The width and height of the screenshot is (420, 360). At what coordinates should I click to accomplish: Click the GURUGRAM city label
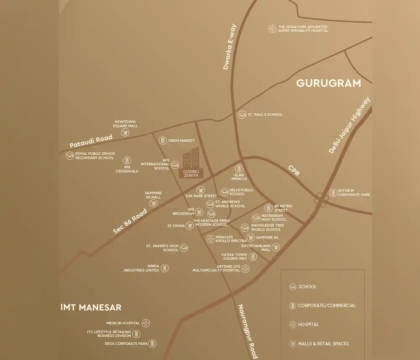tap(328, 83)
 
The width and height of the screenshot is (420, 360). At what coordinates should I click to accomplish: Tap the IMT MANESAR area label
tap(91, 307)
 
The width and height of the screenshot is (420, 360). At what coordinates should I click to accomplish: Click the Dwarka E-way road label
tap(230, 47)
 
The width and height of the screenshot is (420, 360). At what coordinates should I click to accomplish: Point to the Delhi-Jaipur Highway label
tap(349, 125)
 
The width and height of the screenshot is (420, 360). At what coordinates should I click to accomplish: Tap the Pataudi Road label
tap(91, 141)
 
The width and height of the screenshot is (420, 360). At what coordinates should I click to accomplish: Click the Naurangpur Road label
tap(247, 331)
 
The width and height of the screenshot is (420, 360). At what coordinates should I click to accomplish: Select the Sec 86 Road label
tap(130, 221)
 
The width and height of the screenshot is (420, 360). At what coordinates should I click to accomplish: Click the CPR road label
tap(294, 170)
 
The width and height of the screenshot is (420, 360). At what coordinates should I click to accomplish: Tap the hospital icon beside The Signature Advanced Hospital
tap(272, 29)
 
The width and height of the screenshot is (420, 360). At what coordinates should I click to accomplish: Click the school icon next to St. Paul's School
tap(242, 115)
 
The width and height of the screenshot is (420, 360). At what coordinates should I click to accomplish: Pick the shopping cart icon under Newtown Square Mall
tap(125, 133)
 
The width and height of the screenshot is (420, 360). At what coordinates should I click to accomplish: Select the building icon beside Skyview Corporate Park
tap(332, 193)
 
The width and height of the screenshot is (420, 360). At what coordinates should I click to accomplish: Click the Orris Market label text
tap(181, 141)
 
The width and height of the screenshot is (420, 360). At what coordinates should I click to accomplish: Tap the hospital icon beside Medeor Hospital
tap(146, 323)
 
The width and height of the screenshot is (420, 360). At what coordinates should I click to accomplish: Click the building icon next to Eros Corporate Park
tap(152, 344)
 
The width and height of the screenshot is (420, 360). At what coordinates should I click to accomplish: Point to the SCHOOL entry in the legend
tap(307, 287)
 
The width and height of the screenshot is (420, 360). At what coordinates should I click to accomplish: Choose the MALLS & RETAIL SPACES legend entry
tap(323, 344)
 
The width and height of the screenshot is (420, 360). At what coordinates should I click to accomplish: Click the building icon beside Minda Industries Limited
tap(165, 268)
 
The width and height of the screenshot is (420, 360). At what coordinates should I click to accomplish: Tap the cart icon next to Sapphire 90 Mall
tap(153, 203)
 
